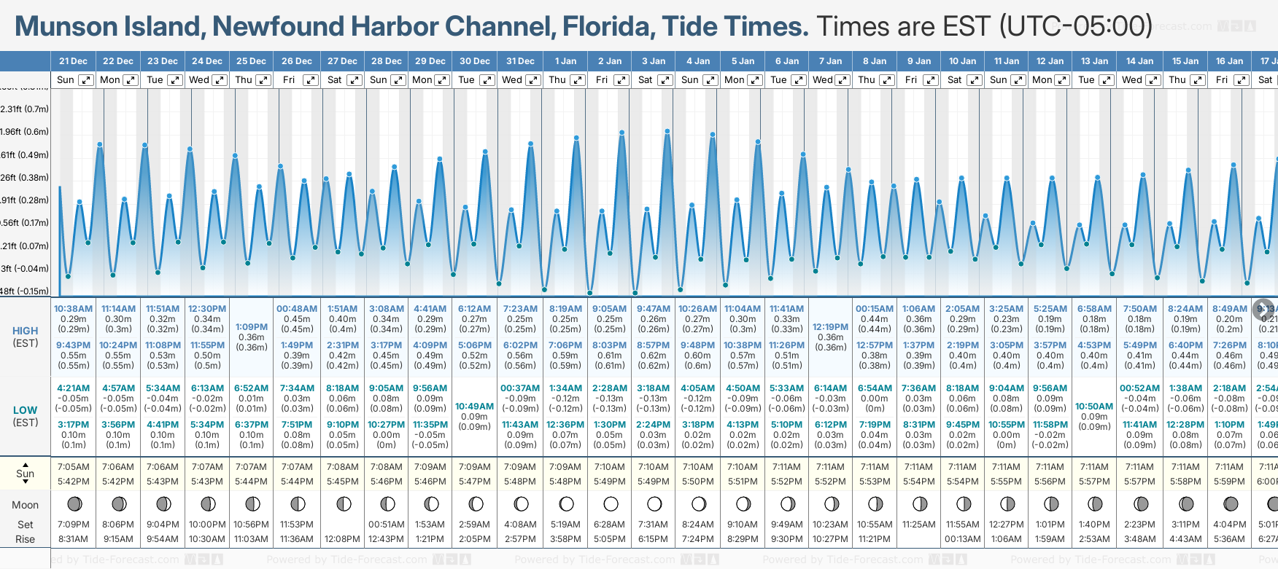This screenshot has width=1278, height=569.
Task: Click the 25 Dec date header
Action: click(251, 61)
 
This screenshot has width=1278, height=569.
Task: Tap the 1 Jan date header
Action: click(565, 61)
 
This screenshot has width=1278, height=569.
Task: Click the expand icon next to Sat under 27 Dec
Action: click(354, 80)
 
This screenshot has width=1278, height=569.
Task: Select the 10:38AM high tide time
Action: click(73, 309)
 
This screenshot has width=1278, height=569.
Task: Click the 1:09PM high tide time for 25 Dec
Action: click(251, 327)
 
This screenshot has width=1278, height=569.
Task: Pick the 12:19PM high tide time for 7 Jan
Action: click(830, 327)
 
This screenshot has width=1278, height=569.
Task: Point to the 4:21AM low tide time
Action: click(73, 388)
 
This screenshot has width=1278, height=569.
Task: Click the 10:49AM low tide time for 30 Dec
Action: click(474, 407)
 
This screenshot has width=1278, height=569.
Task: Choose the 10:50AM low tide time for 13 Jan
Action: click(1094, 407)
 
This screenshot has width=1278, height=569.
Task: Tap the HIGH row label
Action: click(26, 331)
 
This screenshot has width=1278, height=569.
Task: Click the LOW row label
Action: click(26, 410)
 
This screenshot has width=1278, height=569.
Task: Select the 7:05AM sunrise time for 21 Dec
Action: click(73, 467)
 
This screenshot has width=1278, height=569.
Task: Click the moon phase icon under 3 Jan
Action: click(654, 503)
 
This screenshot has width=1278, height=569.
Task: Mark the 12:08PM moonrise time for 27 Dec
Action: click(342, 539)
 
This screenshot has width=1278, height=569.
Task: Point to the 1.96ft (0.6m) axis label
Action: click(25, 132)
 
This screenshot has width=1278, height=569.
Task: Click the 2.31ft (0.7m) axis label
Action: click(25, 109)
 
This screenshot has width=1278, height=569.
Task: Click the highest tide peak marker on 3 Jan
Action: click(667, 132)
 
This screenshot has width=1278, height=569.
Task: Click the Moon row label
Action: click(25, 505)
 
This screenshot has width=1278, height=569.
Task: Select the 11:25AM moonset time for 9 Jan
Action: click(918, 525)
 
